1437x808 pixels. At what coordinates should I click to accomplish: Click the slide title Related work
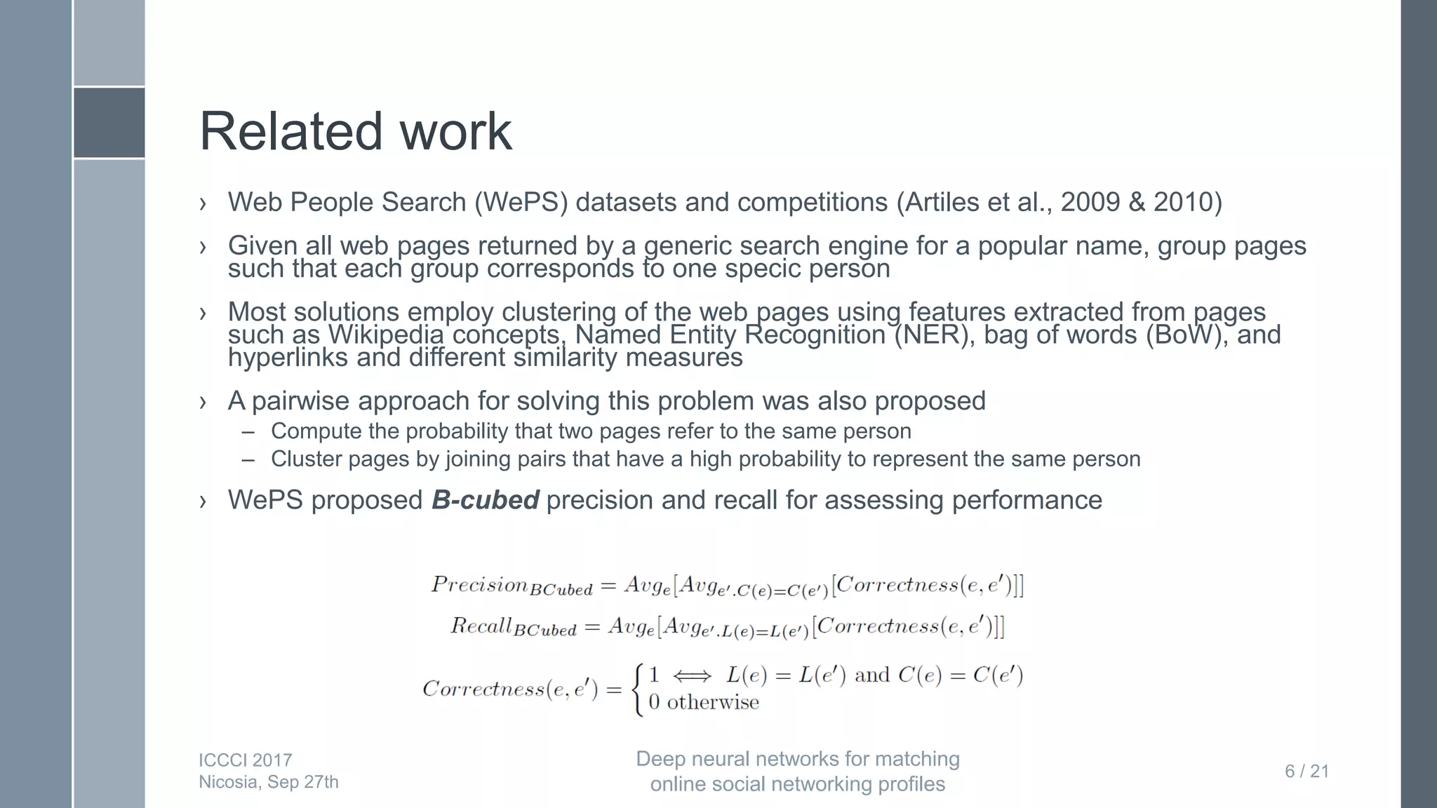[356, 131]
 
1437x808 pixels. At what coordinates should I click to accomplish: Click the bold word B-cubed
[485, 500]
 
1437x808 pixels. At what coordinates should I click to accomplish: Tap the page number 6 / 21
[1306, 772]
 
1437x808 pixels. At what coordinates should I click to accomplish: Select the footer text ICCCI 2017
[245, 760]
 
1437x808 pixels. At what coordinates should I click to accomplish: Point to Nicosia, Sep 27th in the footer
[268, 782]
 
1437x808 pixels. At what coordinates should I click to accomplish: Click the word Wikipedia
[386, 335]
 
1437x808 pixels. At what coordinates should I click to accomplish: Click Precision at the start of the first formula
[479, 584]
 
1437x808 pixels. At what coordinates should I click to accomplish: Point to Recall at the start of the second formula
[481, 625]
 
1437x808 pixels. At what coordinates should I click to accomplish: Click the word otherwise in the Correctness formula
[712, 702]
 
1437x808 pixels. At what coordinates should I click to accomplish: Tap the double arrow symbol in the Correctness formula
[691, 675]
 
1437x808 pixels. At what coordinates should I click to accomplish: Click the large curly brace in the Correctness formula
[637, 689]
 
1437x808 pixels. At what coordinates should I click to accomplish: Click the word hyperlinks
[288, 358]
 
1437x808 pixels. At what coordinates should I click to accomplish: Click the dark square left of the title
[109, 123]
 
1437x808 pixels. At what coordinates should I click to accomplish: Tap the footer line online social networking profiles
[797, 784]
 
